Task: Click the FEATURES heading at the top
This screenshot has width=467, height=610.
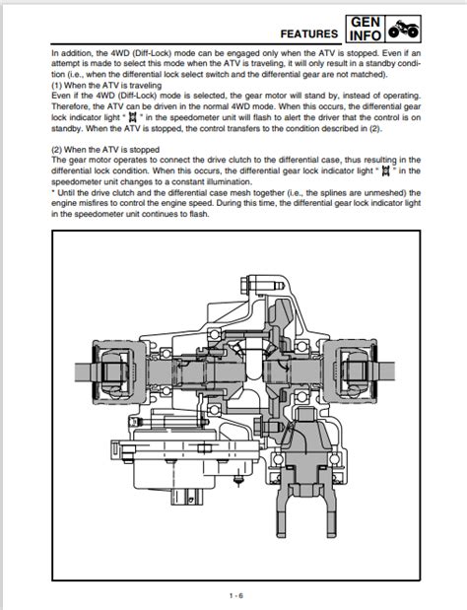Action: click(308, 34)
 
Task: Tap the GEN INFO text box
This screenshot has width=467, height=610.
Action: click(366, 29)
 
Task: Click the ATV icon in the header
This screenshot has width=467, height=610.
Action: click(403, 29)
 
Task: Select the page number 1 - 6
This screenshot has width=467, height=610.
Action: click(236, 595)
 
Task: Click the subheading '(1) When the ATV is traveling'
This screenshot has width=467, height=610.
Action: click(106, 85)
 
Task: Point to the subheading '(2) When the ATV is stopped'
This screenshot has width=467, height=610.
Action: click(105, 150)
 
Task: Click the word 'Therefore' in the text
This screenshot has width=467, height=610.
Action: click(69, 106)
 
